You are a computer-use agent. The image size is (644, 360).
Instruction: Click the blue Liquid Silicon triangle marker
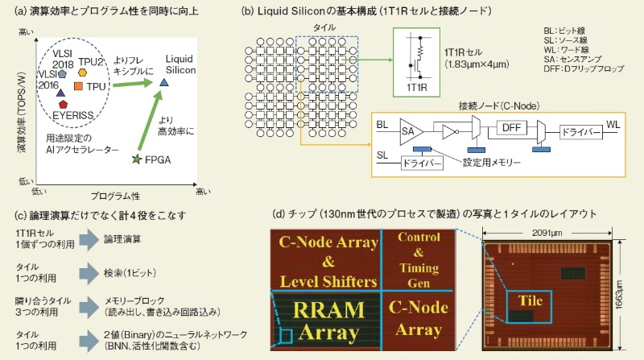[x=163, y=82]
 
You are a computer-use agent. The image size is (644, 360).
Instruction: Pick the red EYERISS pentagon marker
[x=63, y=105]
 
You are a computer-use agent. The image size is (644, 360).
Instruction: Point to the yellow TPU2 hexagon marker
[x=83, y=72]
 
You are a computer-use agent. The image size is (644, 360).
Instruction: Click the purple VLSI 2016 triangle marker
[x=60, y=93]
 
